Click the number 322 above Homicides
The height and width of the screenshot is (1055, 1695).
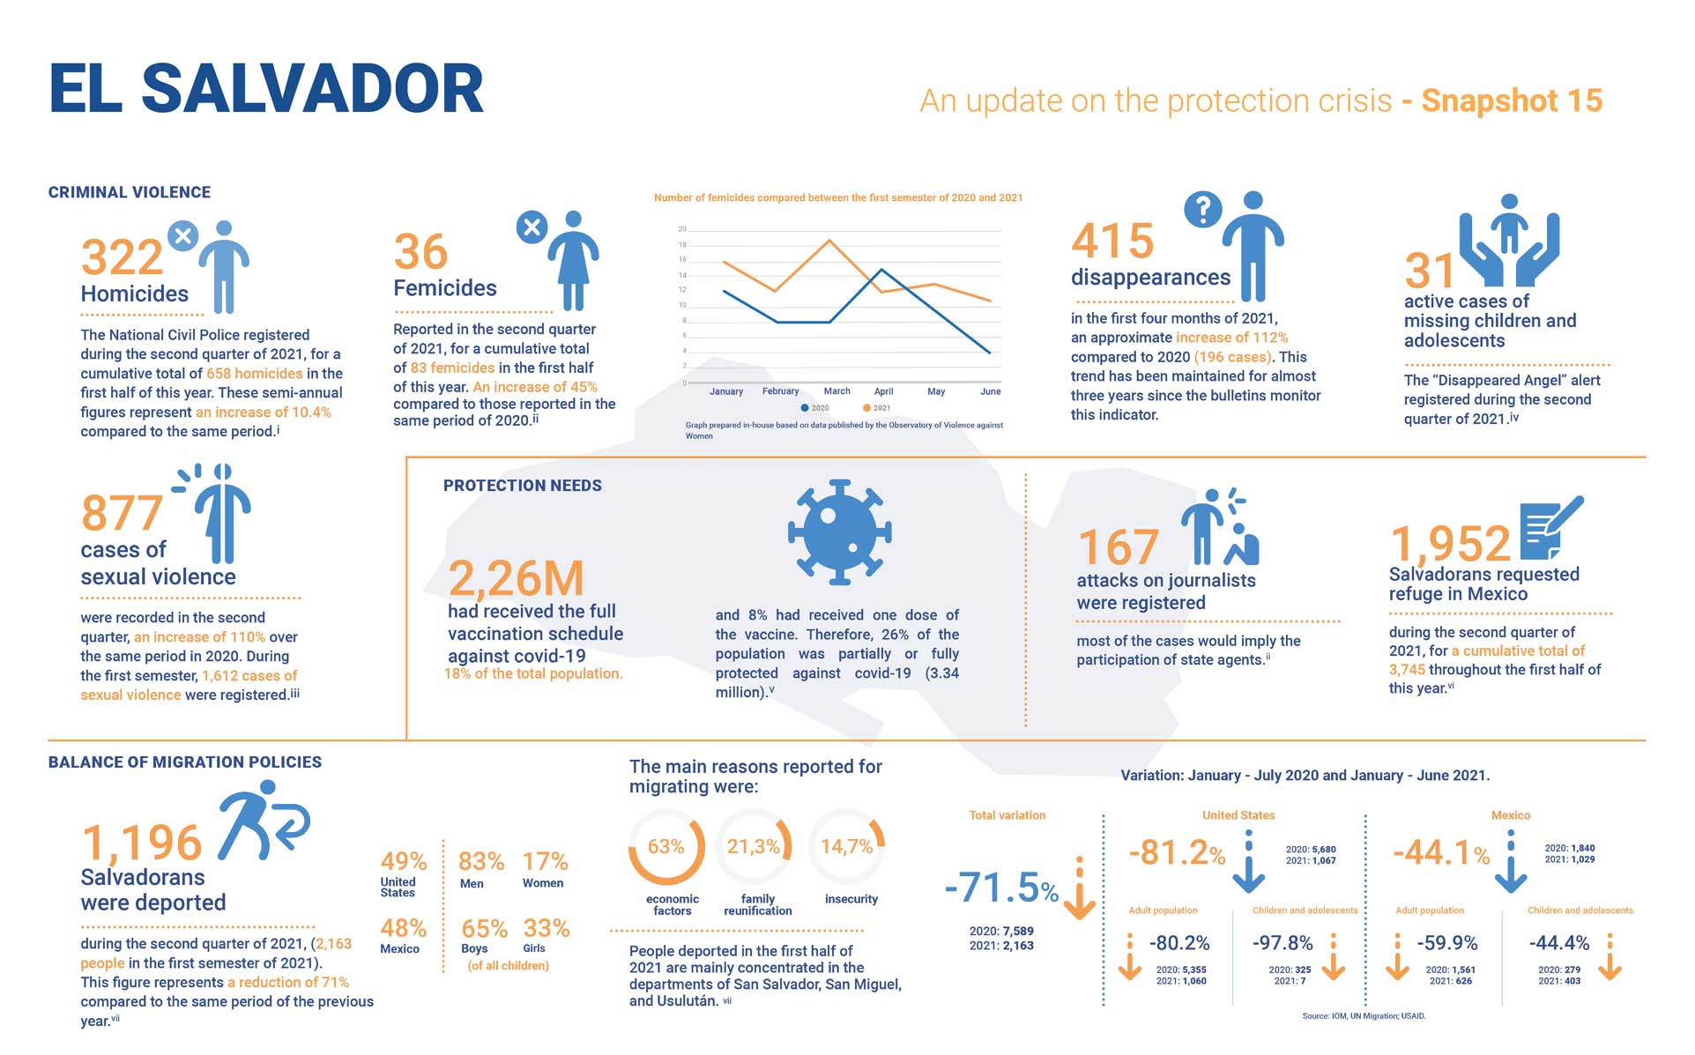[x=122, y=257]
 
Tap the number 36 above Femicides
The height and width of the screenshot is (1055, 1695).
[x=420, y=252]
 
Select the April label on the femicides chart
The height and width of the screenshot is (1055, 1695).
[x=883, y=391]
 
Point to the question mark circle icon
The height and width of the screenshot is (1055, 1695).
[x=1202, y=210]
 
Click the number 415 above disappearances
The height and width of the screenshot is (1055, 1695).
[x=1112, y=241]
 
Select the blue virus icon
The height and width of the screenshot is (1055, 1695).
[x=839, y=532]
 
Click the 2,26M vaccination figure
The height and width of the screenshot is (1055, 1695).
[x=516, y=579]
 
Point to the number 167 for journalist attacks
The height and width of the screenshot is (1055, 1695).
[x=1118, y=547]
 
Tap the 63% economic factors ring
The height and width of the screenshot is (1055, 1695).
[x=666, y=847]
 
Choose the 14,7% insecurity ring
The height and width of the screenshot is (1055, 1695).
[x=846, y=847]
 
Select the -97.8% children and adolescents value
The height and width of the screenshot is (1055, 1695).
[x=1282, y=943]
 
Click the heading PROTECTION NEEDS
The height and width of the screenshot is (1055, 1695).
[x=522, y=486]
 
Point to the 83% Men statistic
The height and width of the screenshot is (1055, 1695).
[x=481, y=861]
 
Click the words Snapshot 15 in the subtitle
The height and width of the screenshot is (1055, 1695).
[x=1512, y=101]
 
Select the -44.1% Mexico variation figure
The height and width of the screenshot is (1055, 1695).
[x=1440, y=853]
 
